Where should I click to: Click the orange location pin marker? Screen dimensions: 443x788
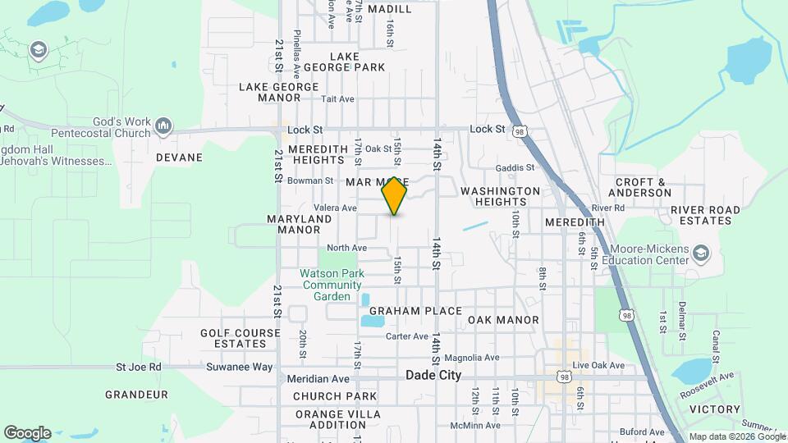pyautogui.click(x=394, y=196)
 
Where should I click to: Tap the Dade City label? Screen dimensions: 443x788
pyautogui.click(x=433, y=375)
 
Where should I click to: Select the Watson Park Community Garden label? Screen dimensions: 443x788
pyautogui.click(x=331, y=285)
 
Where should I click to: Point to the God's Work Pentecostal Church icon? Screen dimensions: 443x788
pyautogui.click(x=163, y=126)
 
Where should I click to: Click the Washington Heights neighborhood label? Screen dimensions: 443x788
pyautogui.click(x=500, y=196)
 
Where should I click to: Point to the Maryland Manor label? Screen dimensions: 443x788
pyautogui.click(x=300, y=224)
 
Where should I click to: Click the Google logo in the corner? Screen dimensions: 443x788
pyautogui.click(x=27, y=433)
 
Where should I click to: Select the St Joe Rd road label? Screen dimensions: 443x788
pyautogui.click(x=139, y=367)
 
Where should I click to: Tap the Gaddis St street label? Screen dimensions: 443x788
pyautogui.click(x=515, y=167)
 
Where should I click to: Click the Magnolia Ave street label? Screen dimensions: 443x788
pyautogui.click(x=471, y=358)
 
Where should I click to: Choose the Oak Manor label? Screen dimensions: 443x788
pyautogui.click(x=504, y=320)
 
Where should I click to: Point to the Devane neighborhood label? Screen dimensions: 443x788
pyautogui.click(x=179, y=157)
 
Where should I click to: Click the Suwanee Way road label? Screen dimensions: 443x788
pyautogui.click(x=240, y=367)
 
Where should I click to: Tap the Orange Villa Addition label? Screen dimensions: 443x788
pyautogui.click(x=331, y=419)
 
